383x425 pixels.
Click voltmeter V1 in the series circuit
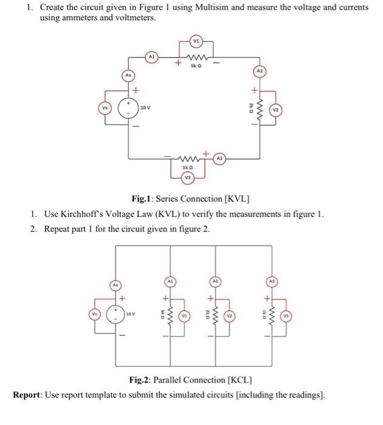coord(196,41)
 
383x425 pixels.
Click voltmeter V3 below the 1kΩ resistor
coord(189,177)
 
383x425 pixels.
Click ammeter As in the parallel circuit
coord(113,284)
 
